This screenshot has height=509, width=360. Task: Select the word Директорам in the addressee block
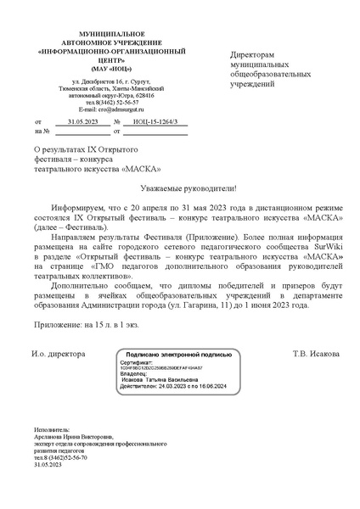coord(254,54)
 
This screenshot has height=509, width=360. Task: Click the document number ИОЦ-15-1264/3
coord(156,123)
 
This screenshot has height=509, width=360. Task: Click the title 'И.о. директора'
coord(59,353)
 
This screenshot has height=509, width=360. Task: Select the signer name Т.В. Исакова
coord(316,353)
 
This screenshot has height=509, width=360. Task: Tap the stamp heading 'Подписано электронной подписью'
coord(178,355)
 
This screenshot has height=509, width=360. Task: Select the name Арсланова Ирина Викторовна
coord(72,438)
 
